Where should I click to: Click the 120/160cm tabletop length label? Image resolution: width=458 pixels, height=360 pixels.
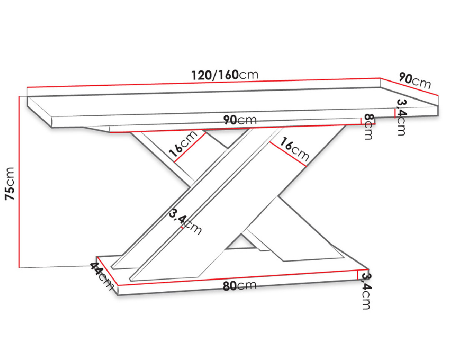(x=224, y=75)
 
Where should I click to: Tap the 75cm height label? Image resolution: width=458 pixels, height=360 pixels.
(x=10, y=184)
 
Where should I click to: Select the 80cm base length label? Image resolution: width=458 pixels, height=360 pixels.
(x=239, y=286)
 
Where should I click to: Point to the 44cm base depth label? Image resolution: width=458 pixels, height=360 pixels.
(x=101, y=276)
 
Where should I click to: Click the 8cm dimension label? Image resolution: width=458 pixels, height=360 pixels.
(x=369, y=127)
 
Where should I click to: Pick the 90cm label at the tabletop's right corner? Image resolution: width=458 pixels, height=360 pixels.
(x=415, y=81)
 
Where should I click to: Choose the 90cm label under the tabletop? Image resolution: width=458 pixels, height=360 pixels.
(x=240, y=120)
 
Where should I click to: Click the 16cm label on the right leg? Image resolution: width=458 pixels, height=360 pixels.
(x=294, y=149)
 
